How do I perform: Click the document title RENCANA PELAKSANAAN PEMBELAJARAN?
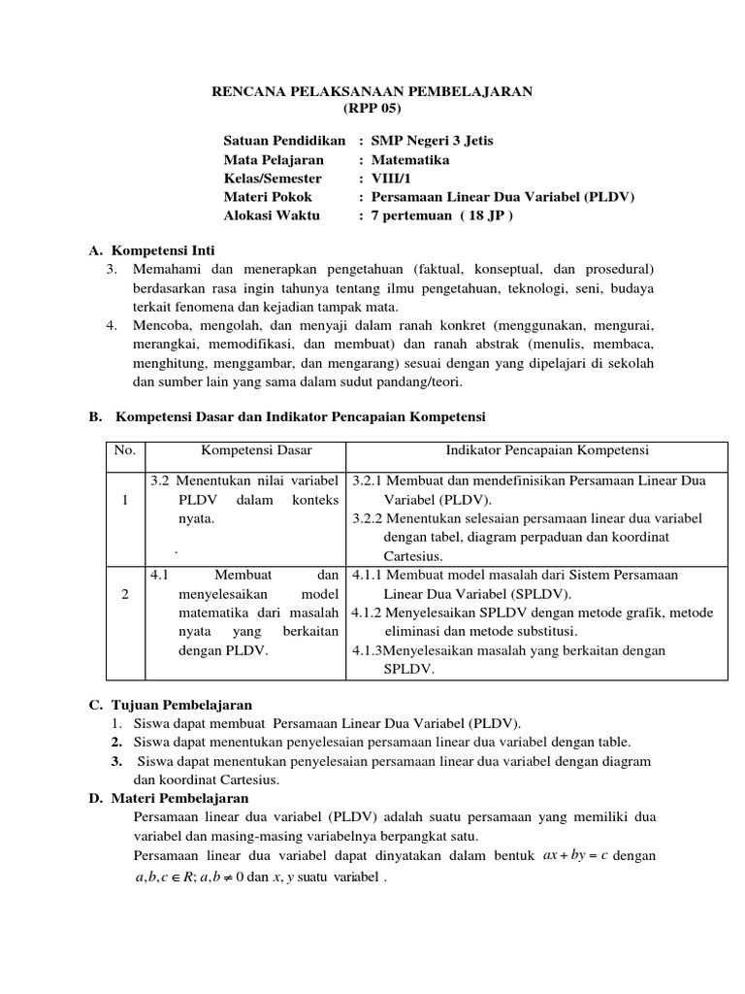tap(372, 91)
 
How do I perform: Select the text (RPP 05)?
tap(372, 108)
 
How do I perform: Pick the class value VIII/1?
tap(393, 178)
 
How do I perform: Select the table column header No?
tap(125, 451)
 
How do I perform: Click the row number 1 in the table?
tap(125, 500)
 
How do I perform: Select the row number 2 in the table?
tap(125, 594)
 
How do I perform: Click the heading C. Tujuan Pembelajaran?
tap(171, 705)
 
